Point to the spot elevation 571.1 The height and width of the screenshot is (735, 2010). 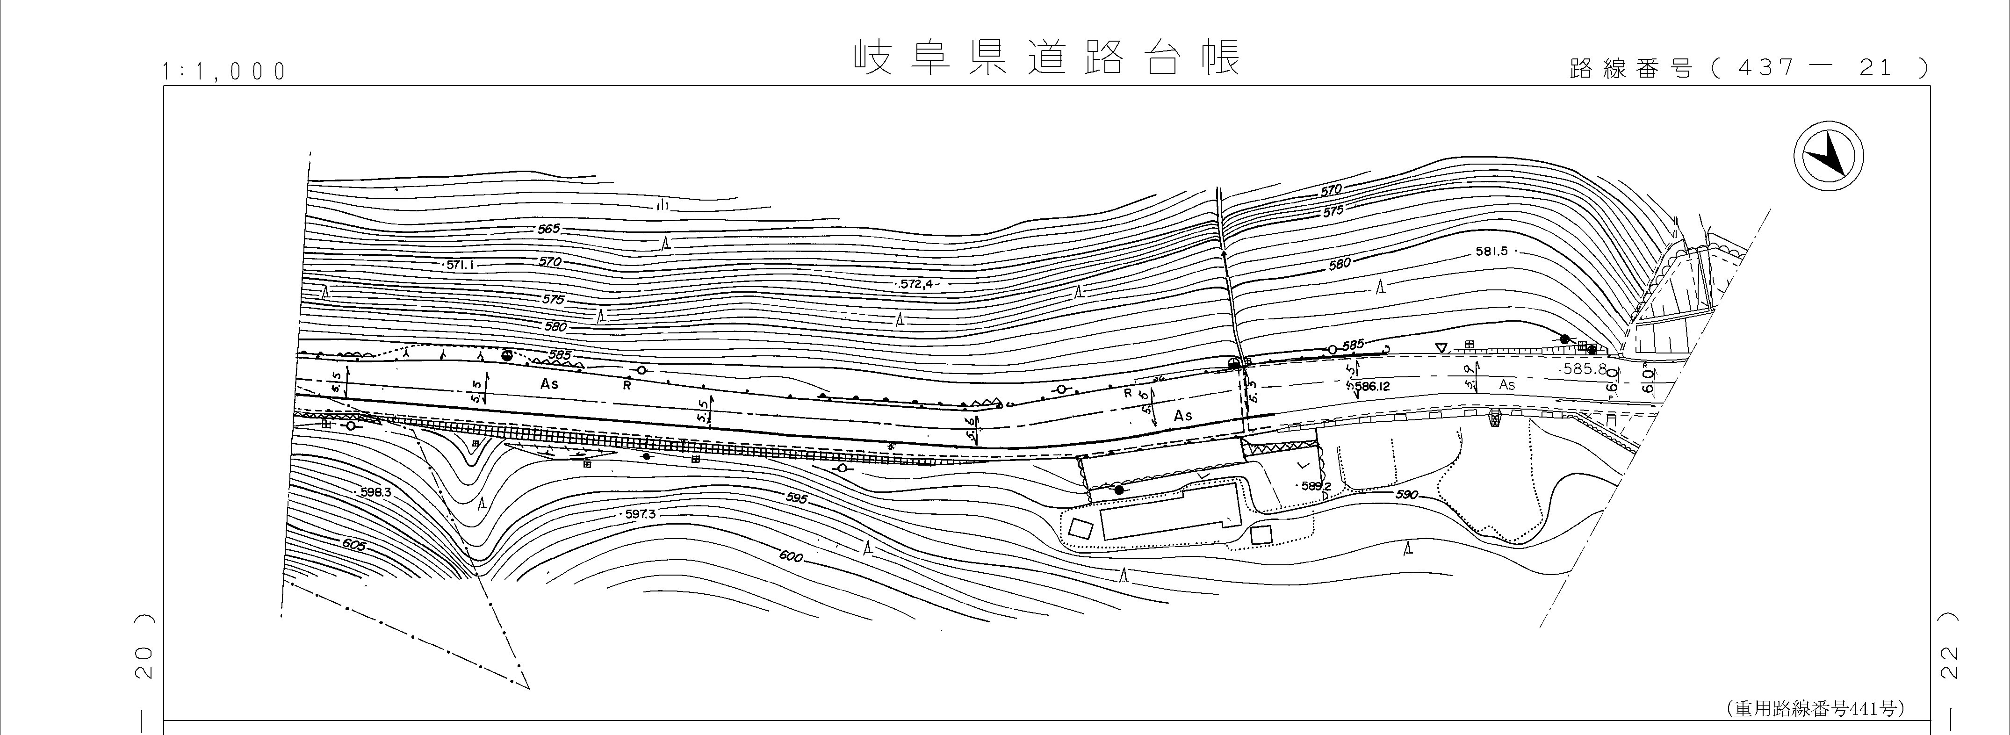[461, 265]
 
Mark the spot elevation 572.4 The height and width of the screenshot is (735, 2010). [916, 284]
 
